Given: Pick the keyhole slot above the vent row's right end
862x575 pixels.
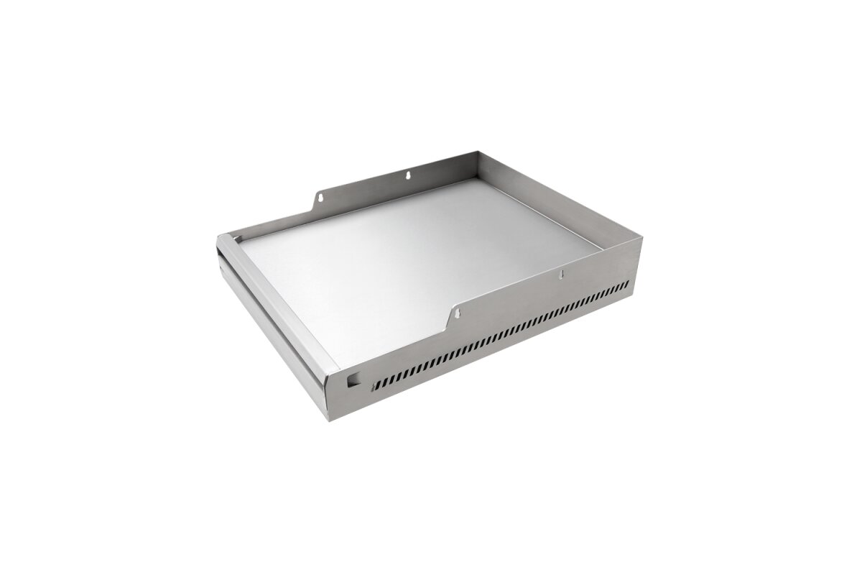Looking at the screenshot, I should pyautogui.click(x=562, y=274).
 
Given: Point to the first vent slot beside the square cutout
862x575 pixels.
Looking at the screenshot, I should pyautogui.click(x=374, y=386).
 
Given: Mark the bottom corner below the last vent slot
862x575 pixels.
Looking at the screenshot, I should pyautogui.click(x=633, y=294).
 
